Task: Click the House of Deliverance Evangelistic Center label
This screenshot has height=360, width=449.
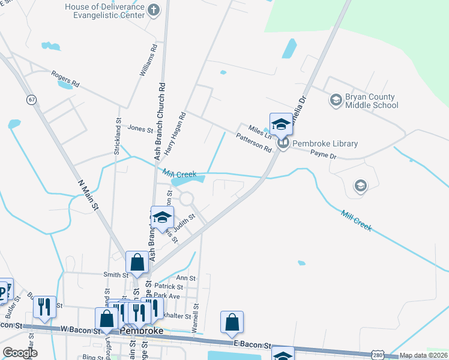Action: tap(106, 10)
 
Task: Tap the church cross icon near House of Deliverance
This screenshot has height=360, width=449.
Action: tap(154, 10)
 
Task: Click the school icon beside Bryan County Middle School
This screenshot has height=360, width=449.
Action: tap(336, 100)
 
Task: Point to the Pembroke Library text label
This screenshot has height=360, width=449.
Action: tap(325, 143)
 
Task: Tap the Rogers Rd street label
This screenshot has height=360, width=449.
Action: tap(65, 78)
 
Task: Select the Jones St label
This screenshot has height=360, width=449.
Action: tap(140, 128)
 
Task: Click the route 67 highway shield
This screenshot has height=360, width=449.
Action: tap(31, 98)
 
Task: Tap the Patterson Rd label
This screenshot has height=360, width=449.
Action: tap(254, 143)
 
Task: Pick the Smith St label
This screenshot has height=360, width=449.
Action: tap(116, 275)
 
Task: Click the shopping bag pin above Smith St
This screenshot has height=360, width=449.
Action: tap(137, 262)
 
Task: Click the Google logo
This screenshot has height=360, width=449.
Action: tap(20, 353)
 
